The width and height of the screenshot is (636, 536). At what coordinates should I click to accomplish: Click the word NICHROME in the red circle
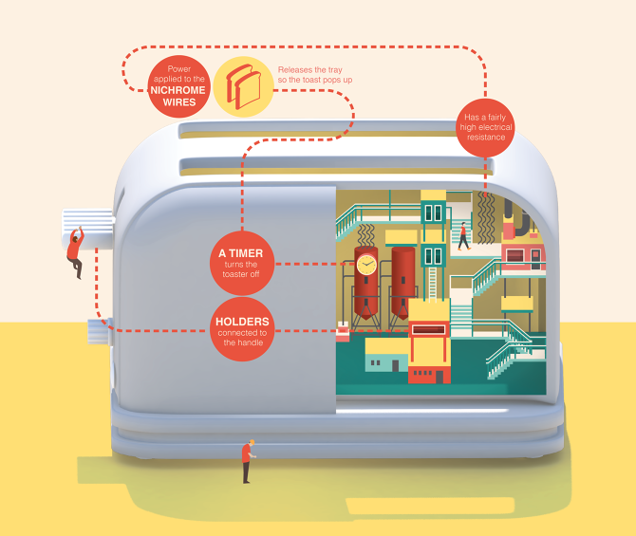tap(178, 90)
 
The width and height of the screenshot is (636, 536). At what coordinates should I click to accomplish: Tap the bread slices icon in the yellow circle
tap(243, 86)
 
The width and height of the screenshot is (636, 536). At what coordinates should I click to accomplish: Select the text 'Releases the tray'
tap(309, 70)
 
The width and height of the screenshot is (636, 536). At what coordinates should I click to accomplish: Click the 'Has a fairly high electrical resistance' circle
tap(485, 127)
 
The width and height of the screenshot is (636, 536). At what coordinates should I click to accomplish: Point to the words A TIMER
tap(241, 253)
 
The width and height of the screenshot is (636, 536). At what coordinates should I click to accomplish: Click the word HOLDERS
tap(242, 322)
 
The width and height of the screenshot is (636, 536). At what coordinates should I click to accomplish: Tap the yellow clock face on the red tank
tap(366, 265)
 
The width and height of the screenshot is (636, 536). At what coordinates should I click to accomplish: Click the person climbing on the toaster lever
tap(75, 252)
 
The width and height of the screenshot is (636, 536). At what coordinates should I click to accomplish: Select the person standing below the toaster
tap(248, 461)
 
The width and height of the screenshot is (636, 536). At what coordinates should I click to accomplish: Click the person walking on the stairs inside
tap(463, 236)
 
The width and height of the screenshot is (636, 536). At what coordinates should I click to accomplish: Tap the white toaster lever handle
tap(87, 229)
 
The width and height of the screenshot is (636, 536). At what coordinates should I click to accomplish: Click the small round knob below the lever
tap(99, 332)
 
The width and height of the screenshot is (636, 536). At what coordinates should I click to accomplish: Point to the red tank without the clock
tap(403, 282)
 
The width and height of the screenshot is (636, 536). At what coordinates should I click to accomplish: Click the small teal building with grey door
tap(387, 361)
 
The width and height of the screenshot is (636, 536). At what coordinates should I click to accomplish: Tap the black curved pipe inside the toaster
tap(519, 219)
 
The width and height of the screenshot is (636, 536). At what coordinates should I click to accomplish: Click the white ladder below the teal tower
tap(433, 285)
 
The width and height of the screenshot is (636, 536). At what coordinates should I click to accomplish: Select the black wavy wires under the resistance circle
tap(485, 218)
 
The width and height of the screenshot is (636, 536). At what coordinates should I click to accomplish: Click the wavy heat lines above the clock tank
tap(366, 235)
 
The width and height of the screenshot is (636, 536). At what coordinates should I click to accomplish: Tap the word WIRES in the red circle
tap(179, 102)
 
